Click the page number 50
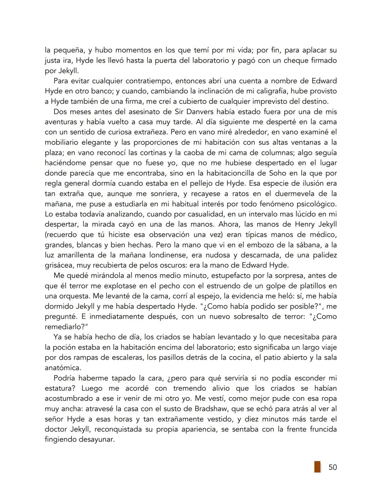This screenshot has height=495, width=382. pyautogui.click(x=332, y=467)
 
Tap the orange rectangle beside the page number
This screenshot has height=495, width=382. pyautogui.click(x=317, y=467)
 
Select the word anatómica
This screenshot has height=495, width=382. pyautogui.click(x=62, y=367)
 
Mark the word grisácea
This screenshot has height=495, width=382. pyautogui.click(x=59, y=265)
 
